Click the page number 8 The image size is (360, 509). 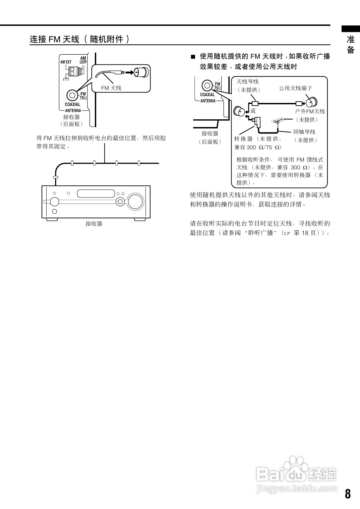coord(348,494)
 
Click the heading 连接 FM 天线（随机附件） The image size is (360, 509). coord(80,39)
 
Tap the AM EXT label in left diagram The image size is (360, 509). coord(66,62)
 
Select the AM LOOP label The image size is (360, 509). coord(83,60)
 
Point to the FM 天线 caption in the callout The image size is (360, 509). coord(111,88)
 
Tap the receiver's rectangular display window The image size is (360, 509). coord(96,193)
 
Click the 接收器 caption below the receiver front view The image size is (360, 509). coord(94,224)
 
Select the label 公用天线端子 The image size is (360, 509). coord(296,88)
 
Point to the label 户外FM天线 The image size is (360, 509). coord(310,111)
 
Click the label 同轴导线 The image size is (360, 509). coord(304,132)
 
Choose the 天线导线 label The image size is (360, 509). coord(247,81)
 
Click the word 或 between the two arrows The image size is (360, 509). coord(253,111)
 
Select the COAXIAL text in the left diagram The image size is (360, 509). coord(72,104)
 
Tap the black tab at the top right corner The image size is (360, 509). coord(351,29)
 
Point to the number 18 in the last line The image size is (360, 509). coord(305,233)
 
